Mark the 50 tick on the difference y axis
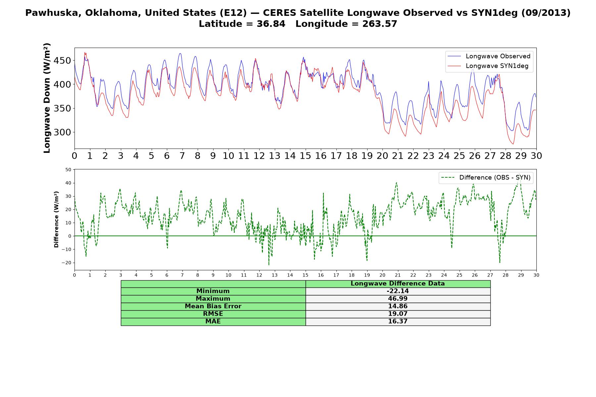pos(68,170)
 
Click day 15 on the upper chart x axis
pos(305,156)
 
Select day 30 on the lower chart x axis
pos(536,275)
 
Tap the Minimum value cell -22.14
pos(398,291)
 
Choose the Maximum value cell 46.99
pos(398,299)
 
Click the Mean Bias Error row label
pos(213,306)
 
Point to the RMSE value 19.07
pos(398,314)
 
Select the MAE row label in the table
pos(213,322)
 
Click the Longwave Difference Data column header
pos(398,284)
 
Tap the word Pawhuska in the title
pos(46,13)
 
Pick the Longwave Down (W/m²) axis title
pos(47,98)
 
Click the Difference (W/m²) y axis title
pos(56,219)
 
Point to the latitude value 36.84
pos(271,24)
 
